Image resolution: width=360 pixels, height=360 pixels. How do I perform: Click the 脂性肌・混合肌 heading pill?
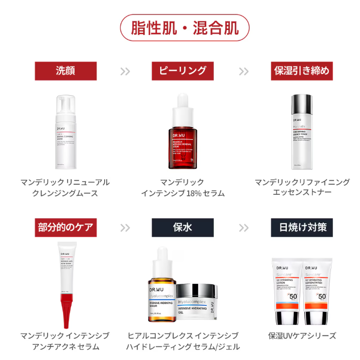pyautogui.click(x=185, y=28)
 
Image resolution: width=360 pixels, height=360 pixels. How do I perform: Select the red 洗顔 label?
pyautogui.click(x=65, y=71)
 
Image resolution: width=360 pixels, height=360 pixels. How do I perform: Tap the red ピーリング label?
pyautogui.click(x=182, y=71)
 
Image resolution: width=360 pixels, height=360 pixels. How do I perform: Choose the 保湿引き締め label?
pyautogui.click(x=301, y=71)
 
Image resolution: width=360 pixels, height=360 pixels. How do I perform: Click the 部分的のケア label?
pyautogui.click(x=65, y=227)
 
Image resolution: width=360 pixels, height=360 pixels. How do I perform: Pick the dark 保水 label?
pyautogui.click(x=182, y=227)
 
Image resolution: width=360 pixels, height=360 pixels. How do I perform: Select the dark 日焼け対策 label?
pyautogui.click(x=301, y=227)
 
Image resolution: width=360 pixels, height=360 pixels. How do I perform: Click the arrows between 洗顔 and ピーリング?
pyautogui.click(x=125, y=71)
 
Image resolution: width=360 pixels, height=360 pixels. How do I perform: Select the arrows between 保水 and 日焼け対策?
pyautogui.click(x=243, y=227)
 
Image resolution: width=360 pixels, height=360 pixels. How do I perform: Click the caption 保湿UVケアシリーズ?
pyautogui.click(x=302, y=335)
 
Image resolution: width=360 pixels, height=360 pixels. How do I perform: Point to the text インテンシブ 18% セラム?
pyautogui.click(x=182, y=193)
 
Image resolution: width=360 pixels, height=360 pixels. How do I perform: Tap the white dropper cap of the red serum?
pyautogui.click(x=182, y=104)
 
